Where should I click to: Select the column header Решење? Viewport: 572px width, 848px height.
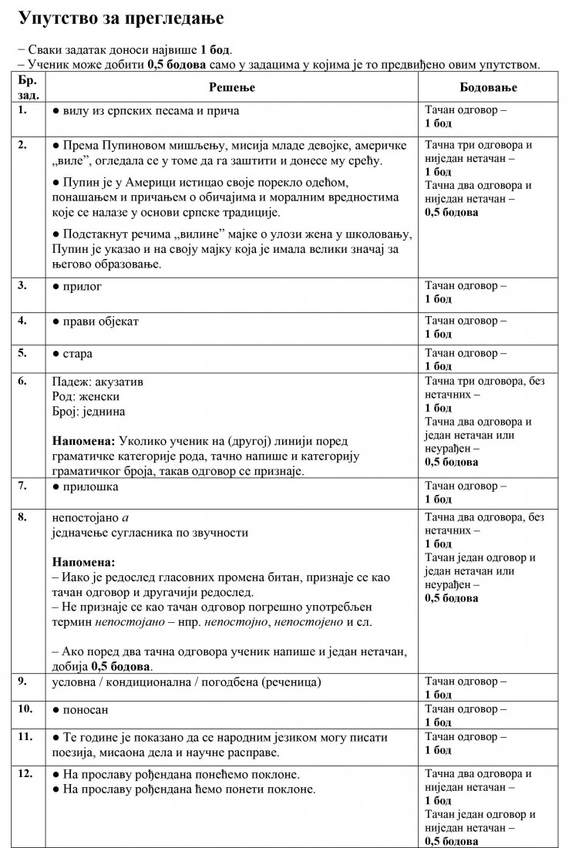coord(231,87)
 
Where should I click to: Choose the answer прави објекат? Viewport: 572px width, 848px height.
coord(98,320)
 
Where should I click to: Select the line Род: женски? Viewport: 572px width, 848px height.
coord(86,396)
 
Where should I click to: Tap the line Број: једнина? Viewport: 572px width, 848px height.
coord(88,412)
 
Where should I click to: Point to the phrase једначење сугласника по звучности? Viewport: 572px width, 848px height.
coord(150,533)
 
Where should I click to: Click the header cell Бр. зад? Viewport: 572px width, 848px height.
coord(26,87)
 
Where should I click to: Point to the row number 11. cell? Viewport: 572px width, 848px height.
coord(25,737)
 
